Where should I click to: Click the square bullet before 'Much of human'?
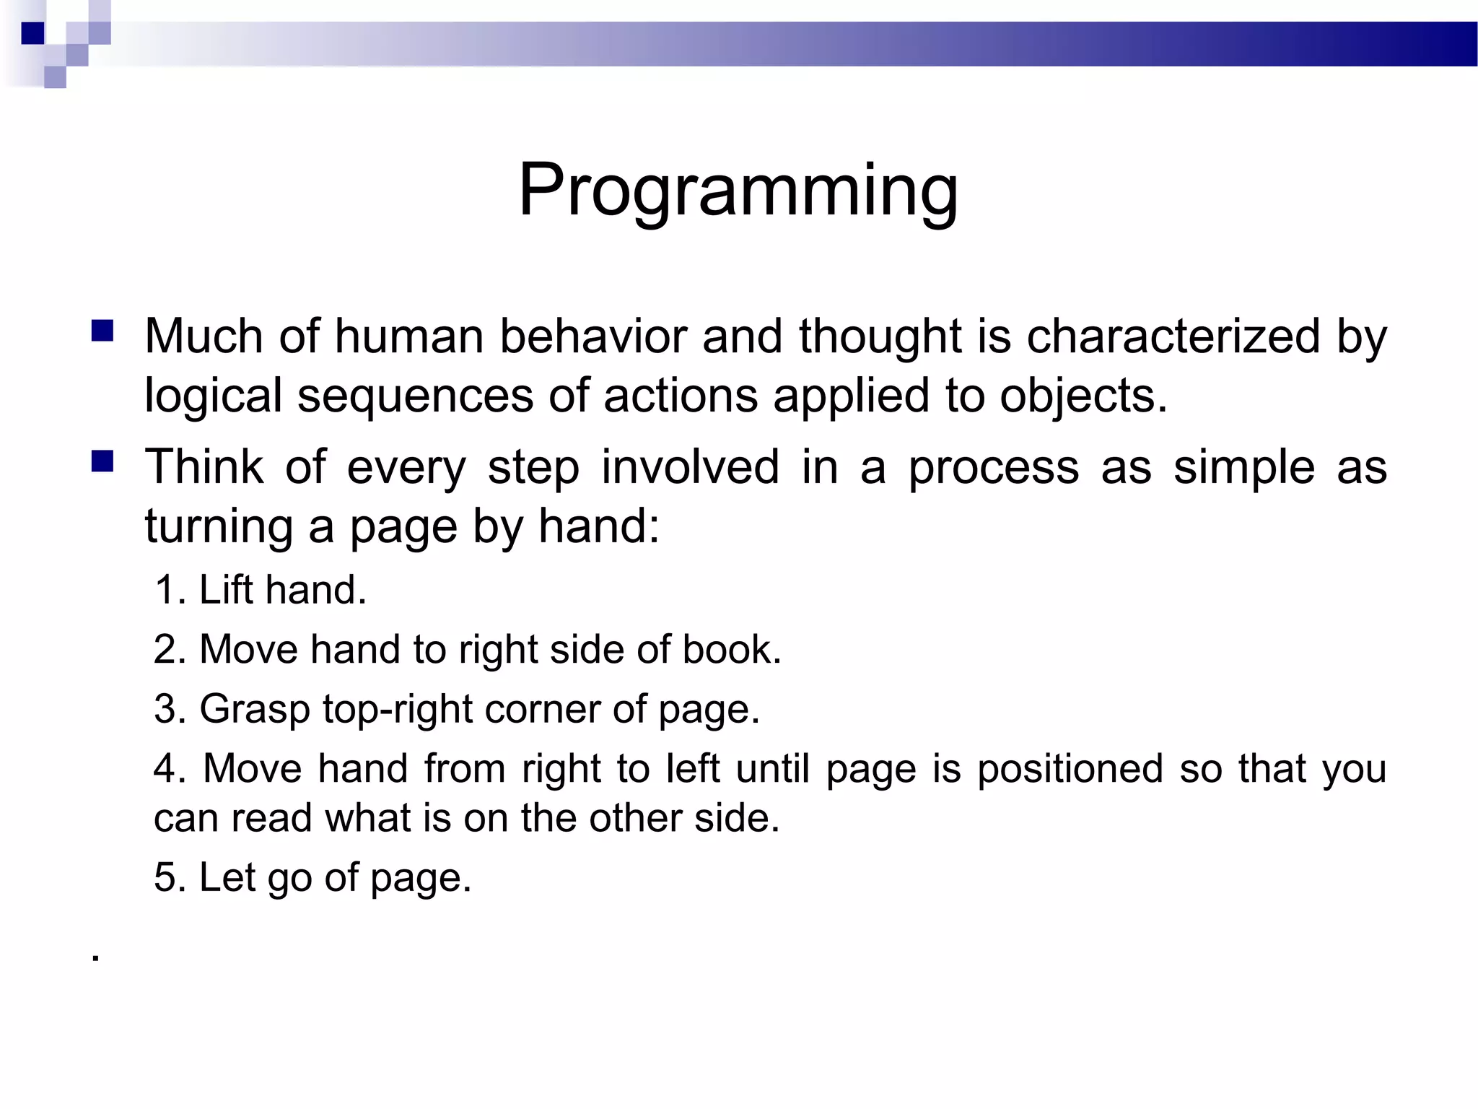(x=102, y=331)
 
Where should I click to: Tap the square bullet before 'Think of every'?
(x=102, y=461)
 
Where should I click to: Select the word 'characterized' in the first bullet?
(x=1173, y=336)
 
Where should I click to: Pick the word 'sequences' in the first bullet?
(x=415, y=396)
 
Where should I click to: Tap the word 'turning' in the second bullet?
(x=218, y=526)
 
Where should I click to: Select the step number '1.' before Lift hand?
(x=170, y=590)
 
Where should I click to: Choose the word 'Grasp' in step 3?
(x=254, y=709)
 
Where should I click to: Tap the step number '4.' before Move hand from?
(x=170, y=768)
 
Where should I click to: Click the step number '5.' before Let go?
(x=170, y=877)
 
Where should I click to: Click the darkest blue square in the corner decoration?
(x=32, y=33)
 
